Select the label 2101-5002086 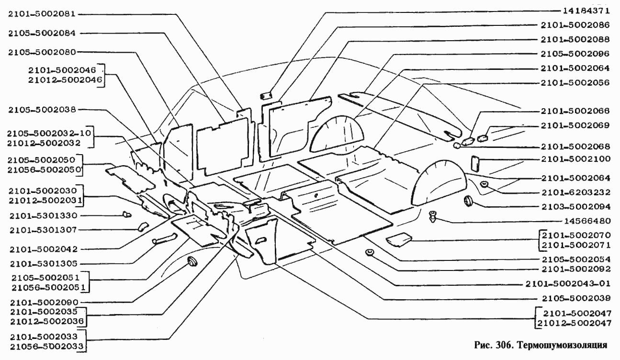tap(576, 24)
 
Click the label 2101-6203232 tap(576, 192)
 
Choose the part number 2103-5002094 tap(576, 207)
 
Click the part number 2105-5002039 tap(576, 298)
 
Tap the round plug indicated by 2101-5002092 tap(369, 253)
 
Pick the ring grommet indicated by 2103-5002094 tap(468, 201)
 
